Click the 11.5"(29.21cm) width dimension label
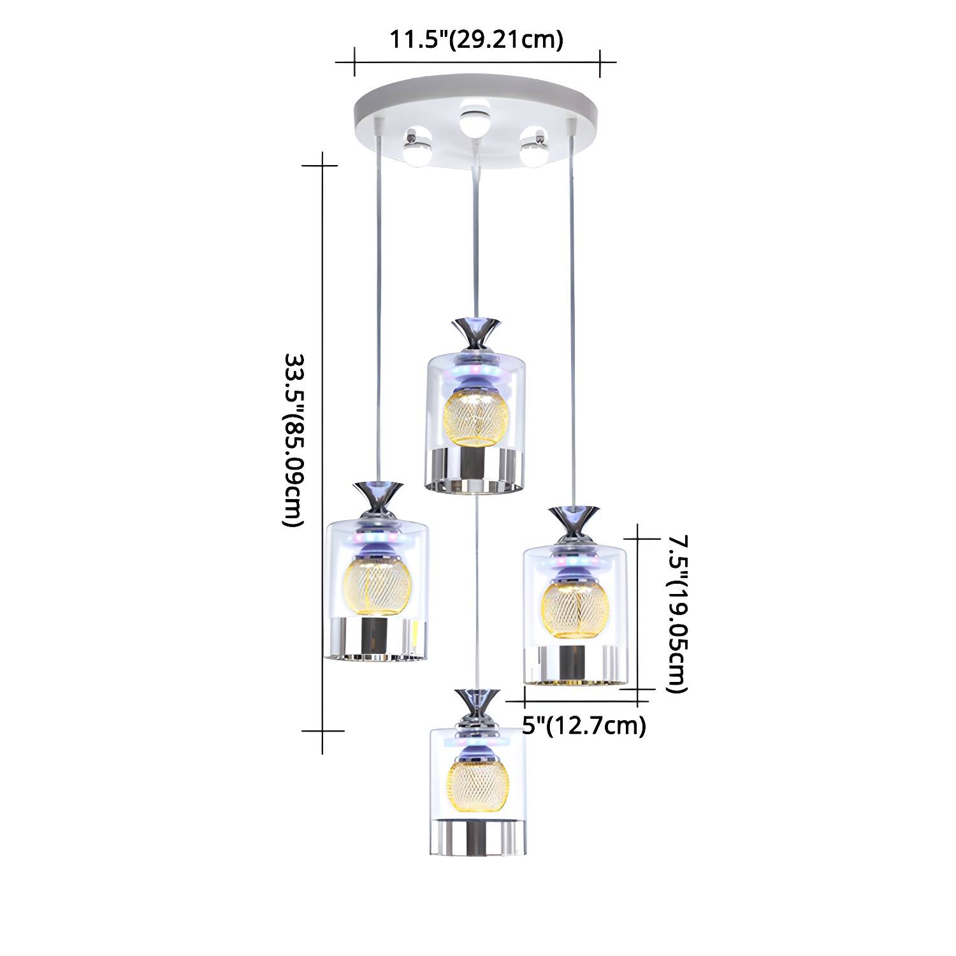click(477, 40)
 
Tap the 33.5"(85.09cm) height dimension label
click(293, 440)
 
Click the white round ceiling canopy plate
click(477, 121)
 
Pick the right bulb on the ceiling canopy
click(534, 147)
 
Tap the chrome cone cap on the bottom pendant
click(477, 701)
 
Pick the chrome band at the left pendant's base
click(376, 638)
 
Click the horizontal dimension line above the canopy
click(477, 62)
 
